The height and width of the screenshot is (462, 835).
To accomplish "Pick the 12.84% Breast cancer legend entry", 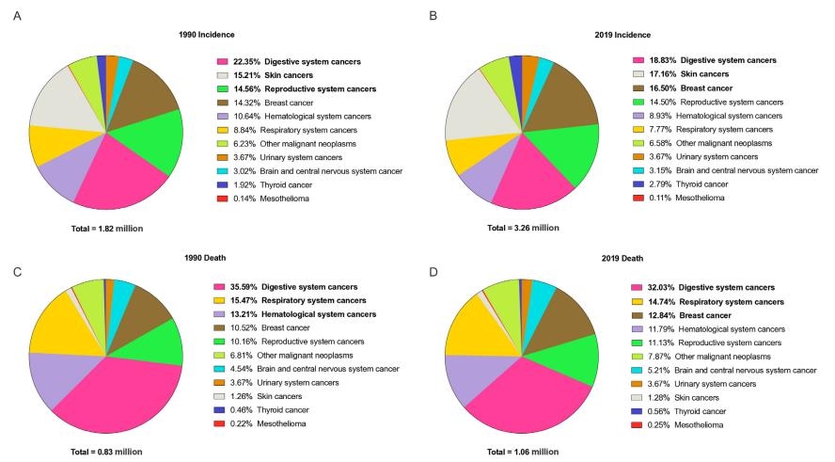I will pyautogui.click(x=695, y=314).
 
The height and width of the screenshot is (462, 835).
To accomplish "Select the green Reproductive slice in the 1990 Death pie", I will pyautogui.click(x=157, y=341).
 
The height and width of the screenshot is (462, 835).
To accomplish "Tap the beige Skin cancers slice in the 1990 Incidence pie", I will pyautogui.click(x=55, y=112).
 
